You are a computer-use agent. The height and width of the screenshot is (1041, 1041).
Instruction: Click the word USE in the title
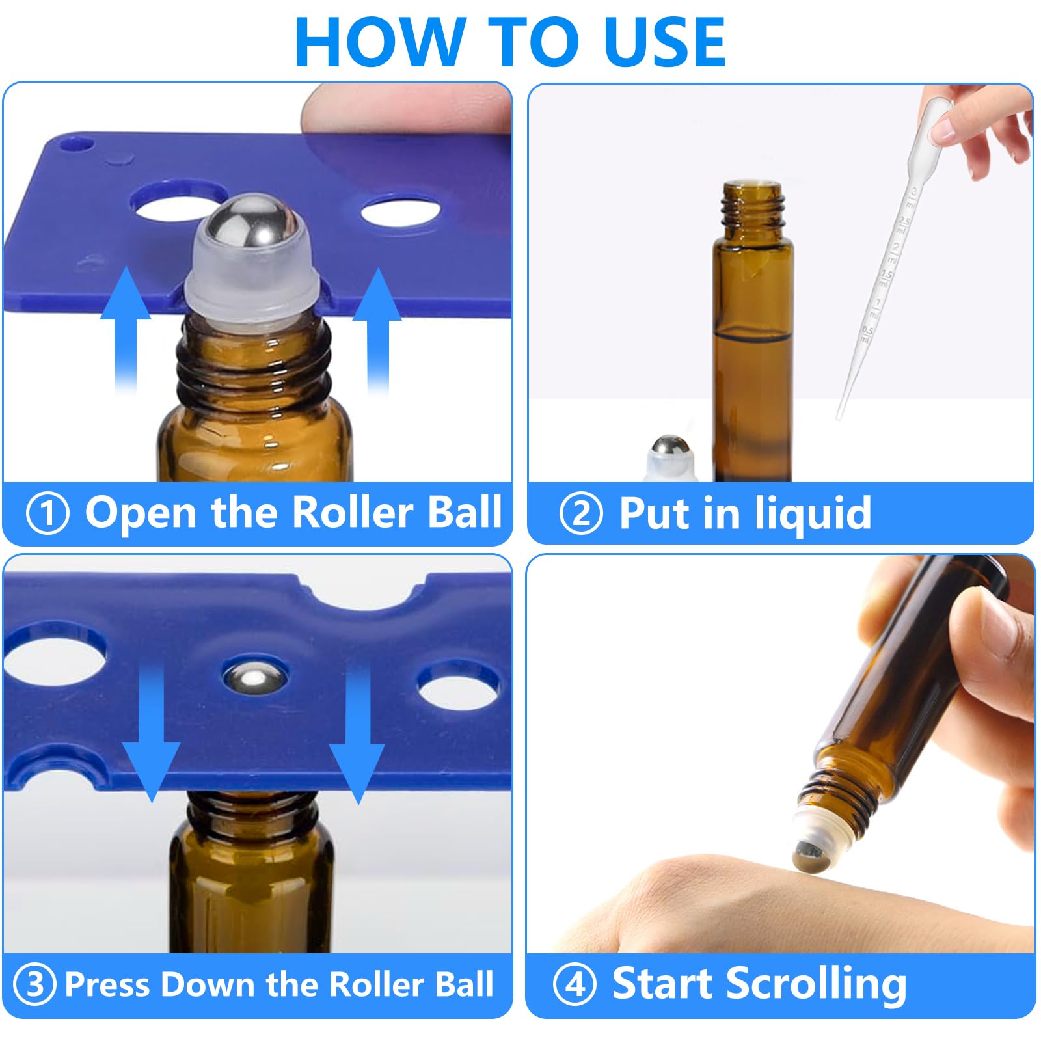click(664, 42)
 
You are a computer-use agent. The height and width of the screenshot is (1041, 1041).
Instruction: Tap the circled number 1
click(47, 513)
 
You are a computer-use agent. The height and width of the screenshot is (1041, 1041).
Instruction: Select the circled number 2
click(580, 513)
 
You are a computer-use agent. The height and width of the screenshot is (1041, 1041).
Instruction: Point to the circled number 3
click(34, 984)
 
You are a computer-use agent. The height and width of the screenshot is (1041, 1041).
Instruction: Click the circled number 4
click(575, 984)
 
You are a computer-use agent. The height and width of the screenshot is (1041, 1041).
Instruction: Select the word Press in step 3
click(108, 984)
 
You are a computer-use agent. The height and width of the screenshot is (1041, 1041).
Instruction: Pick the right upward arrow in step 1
click(377, 332)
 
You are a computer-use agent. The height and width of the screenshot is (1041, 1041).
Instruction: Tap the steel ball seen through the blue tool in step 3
click(254, 677)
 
